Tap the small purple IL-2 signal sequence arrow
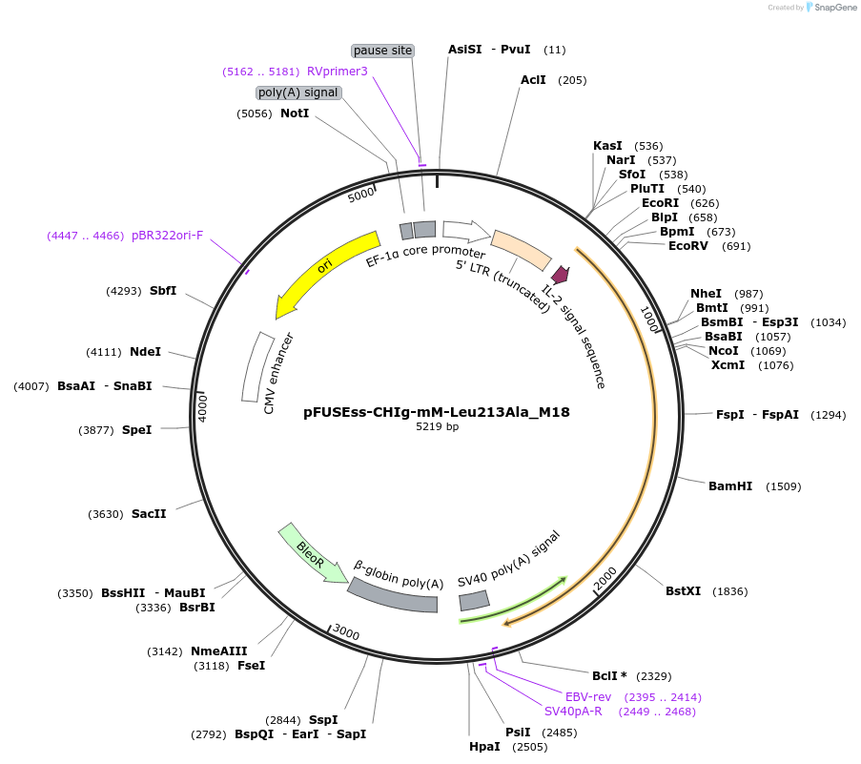(x=561, y=275)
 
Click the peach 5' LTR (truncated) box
(x=521, y=249)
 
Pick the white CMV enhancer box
(x=255, y=366)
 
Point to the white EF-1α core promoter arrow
(x=465, y=230)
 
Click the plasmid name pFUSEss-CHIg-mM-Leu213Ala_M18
(x=437, y=412)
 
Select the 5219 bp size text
(x=437, y=427)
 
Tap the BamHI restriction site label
(x=730, y=486)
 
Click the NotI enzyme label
(x=295, y=114)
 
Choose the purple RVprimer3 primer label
(x=337, y=72)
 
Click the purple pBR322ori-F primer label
(x=168, y=236)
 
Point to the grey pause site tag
(x=383, y=50)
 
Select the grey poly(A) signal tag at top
(x=298, y=93)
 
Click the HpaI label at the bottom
(x=484, y=746)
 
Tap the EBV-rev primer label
(x=588, y=697)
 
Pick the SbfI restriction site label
(x=163, y=291)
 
